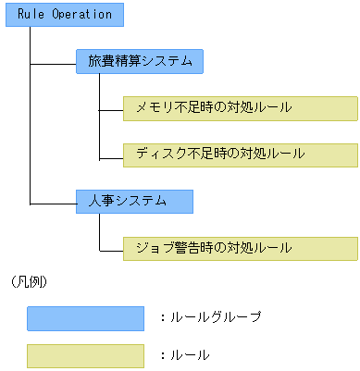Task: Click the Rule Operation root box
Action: tap(64, 15)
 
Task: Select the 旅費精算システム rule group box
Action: tap(140, 62)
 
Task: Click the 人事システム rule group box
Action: tap(134, 201)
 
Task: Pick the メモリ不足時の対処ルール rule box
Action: tap(240, 108)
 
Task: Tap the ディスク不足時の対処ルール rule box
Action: tap(240, 155)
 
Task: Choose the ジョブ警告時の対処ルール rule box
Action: tap(240, 248)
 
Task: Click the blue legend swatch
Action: tap(85, 318)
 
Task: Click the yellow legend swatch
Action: tap(85, 355)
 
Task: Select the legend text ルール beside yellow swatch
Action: tap(191, 354)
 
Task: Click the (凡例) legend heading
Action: tap(31, 280)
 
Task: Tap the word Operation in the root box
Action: tap(81, 15)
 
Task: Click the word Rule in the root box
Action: tap(31, 15)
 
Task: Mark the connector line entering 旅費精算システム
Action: tap(53, 63)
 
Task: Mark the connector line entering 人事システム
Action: tap(53, 202)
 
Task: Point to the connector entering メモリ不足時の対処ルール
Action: tap(110, 109)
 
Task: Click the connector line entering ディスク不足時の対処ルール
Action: tap(110, 155)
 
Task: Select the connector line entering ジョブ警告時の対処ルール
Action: tap(110, 249)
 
